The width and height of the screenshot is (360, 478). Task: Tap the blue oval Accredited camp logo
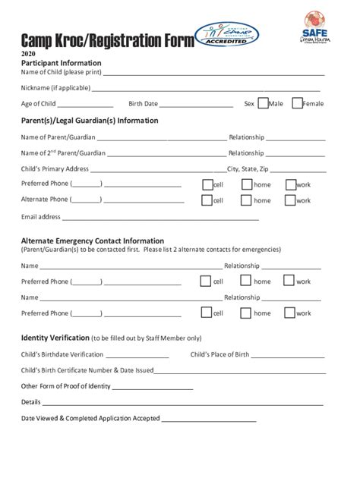point(226,34)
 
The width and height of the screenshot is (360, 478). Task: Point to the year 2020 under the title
point(28,55)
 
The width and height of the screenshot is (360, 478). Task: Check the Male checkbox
point(263,103)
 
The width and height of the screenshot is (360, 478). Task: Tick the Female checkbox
point(297,103)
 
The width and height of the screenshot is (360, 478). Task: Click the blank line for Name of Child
point(214,74)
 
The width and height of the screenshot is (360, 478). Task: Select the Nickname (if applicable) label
point(55,88)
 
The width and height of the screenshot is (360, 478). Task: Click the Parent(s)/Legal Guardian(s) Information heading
point(90,121)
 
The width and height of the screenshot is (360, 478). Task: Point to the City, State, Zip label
point(248,168)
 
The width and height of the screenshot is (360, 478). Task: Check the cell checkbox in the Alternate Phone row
point(207,200)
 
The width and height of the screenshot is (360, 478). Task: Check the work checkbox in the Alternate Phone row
point(290,200)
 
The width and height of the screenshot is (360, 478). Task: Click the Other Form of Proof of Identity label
point(65,386)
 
